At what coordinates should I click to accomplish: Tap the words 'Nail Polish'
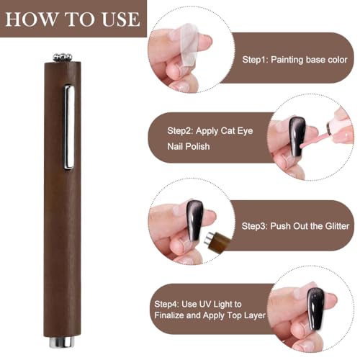pyautogui.click(x=190, y=148)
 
